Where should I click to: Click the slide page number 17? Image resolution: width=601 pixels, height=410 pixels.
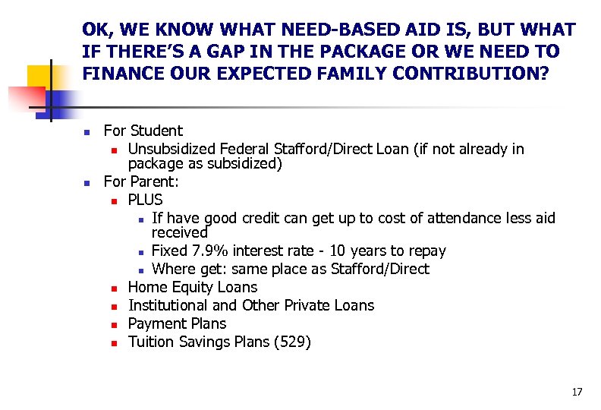tap(577, 392)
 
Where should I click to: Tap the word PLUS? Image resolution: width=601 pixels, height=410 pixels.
tap(145, 200)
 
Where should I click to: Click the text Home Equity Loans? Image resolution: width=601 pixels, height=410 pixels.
tap(193, 287)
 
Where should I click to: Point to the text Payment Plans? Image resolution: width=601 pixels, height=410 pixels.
tap(177, 323)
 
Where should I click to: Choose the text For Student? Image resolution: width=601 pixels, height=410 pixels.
tap(143, 131)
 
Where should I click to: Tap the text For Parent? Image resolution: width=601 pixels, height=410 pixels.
tap(141, 182)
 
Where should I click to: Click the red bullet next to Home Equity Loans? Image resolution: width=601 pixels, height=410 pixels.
tap(113, 289)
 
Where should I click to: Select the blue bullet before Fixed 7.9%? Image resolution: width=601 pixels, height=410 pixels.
tap(140, 252)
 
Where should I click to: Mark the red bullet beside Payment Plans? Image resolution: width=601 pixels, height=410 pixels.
tap(113, 325)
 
